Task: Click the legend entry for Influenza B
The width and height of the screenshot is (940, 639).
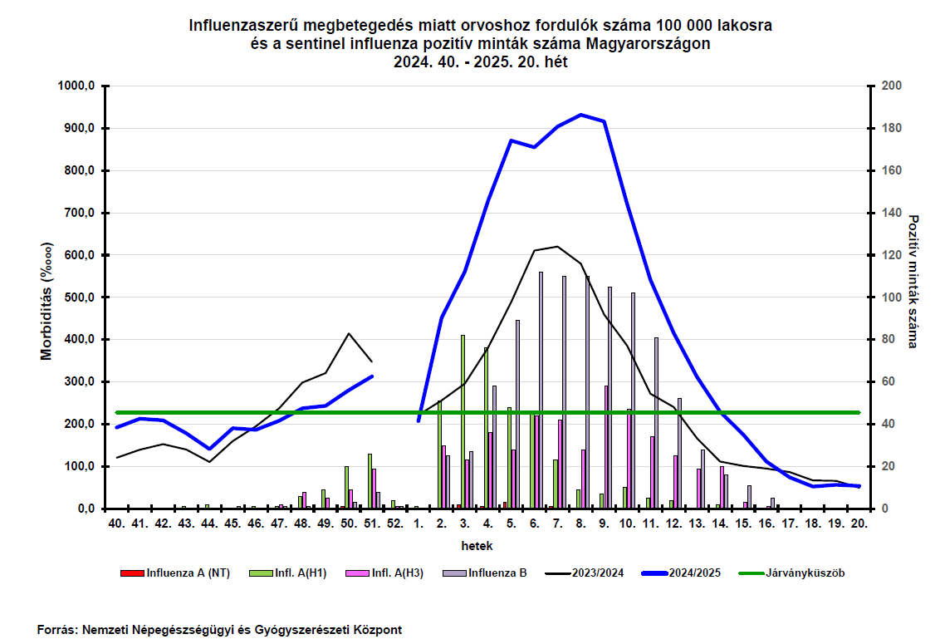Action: [484, 573]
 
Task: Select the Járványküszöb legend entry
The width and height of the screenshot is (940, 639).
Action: [791, 573]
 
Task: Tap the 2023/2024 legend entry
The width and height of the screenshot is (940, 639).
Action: [585, 573]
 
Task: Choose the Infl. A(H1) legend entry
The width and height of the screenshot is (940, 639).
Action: [288, 573]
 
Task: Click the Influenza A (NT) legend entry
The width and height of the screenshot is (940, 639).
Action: [175, 573]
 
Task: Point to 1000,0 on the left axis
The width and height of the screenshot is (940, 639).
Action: [76, 86]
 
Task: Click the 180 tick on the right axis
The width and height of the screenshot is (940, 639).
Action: [892, 129]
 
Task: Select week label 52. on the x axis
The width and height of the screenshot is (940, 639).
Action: [395, 523]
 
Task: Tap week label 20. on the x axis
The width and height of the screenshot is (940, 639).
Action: [859, 523]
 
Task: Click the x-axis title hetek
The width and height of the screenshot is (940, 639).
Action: [477, 546]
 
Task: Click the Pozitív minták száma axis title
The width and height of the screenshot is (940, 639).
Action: [913, 282]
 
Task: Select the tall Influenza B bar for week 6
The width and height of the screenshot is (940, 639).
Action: [541, 390]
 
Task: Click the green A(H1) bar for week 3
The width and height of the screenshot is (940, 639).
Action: [463, 422]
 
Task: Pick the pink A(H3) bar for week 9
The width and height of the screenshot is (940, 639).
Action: [606, 447]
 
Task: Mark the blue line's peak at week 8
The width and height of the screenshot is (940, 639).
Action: [581, 115]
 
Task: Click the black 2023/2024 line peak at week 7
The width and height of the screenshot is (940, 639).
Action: [557, 247]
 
